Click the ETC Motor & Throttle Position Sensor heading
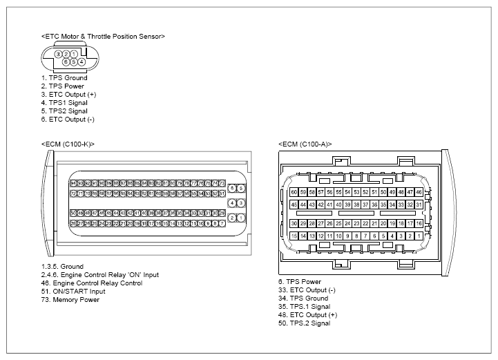[103, 35]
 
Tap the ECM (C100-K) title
[68, 144]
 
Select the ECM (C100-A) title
[305, 144]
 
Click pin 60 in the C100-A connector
[294, 191]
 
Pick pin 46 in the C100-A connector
[419, 191]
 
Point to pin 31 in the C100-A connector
[419, 205]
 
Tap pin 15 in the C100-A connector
[294, 236]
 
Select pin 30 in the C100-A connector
[294, 223]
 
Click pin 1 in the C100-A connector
[419, 236]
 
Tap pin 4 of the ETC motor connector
[82, 61]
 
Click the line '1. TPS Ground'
[64, 78]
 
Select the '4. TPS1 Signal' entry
[64, 103]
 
